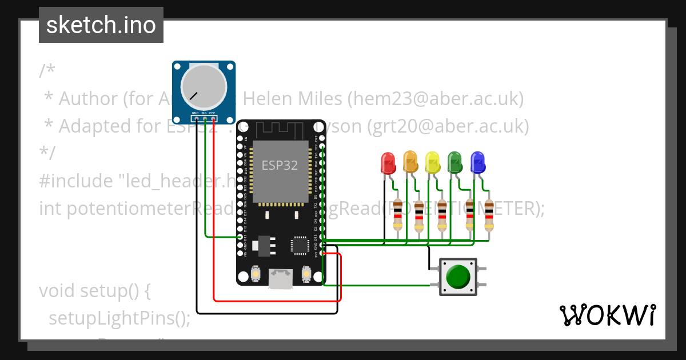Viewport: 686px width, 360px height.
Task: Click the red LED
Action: pyautogui.click(x=388, y=162)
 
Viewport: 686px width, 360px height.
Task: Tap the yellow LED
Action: pyautogui.click(x=433, y=162)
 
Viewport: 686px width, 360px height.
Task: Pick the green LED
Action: pyautogui.click(x=455, y=162)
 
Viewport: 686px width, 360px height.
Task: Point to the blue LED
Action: pyautogui.click(x=477, y=162)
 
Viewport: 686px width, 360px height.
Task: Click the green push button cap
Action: pyautogui.click(x=458, y=277)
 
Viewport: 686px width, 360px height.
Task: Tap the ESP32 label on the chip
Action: pyautogui.click(x=280, y=166)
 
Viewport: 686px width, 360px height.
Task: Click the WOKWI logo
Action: pyautogui.click(x=607, y=315)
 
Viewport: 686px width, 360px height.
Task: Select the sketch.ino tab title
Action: pyautogui.click(x=101, y=25)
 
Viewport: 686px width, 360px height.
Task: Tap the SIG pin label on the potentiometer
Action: pyautogui.click(x=204, y=113)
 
